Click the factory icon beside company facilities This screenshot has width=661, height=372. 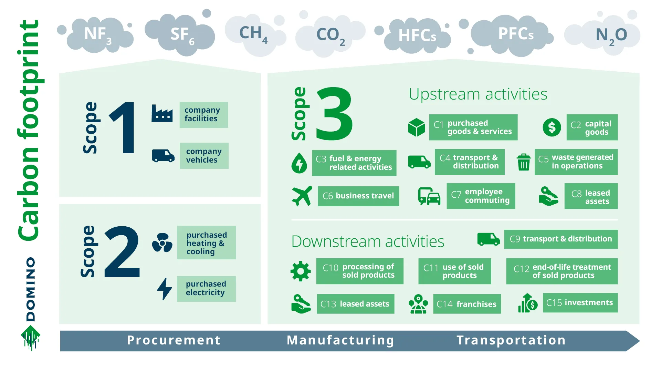(162, 113)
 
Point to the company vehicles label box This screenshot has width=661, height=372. (204, 156)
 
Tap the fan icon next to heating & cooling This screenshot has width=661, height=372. (162, 243)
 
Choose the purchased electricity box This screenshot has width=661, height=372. (206, 289)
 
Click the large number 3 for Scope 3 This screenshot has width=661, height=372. (334, 114)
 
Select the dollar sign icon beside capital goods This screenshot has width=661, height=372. (552, 127)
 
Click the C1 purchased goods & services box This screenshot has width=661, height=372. (473, 127)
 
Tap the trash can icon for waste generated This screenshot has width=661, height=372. (523, 162)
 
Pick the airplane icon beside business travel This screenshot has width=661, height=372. (302, 196)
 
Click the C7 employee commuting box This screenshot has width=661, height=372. (481, 196)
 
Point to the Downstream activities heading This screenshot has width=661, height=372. (368, 241)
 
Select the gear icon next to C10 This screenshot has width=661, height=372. (300, 271)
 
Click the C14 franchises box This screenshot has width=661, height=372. (466, 304)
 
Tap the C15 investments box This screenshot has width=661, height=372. (580, 303)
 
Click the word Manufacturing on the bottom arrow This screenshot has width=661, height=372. (340, 340)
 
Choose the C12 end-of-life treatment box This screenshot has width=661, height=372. (562, 271)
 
